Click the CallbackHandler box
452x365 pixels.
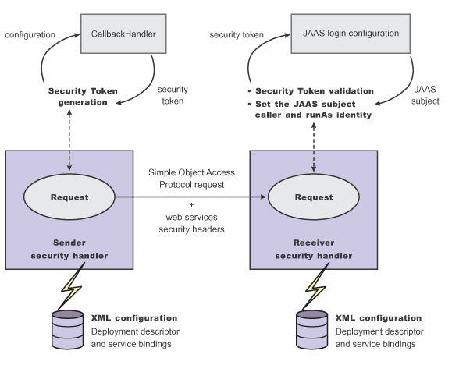point(123,34)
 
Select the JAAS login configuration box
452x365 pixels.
point(351,34)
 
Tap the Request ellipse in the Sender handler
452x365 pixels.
point(69,197)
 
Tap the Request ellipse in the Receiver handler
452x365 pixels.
point(314,197)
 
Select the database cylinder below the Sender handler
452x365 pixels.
point(67,330)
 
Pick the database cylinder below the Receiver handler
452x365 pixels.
point(312,330)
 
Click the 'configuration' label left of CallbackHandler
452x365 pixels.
point(30,35)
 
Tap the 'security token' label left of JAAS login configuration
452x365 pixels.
point(237,35)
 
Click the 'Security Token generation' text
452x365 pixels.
point(83,97)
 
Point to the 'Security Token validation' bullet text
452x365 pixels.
point(315,91)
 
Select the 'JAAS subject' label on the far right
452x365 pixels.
point(425,95)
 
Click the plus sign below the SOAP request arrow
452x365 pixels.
point(192,204)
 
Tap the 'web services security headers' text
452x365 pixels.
point(192,223)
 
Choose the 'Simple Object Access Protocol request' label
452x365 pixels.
point(192,179)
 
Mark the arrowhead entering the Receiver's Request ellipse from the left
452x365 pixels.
point(263,197)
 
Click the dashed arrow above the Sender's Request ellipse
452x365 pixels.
point(69,140)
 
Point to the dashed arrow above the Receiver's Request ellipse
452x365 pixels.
point(314,147)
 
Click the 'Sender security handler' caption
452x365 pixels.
point(69,250)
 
